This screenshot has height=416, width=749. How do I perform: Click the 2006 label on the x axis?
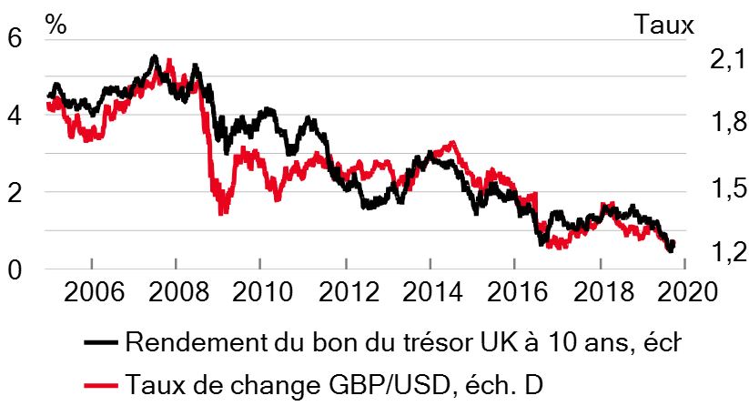(x=94, y=291)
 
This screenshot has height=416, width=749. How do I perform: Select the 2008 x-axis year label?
(x=178, y=291)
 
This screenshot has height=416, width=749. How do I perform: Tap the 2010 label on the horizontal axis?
(x=262, y=291)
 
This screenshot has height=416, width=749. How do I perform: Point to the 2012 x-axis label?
(x=349, y=291)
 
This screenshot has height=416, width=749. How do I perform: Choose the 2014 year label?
(x=433, y=291)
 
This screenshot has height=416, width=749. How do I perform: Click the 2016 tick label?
(x=517, y=291)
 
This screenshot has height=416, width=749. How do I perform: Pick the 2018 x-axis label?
(x=603, y=291)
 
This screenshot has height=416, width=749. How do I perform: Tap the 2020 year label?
(x=687, y=291)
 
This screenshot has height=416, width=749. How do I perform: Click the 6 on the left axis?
(x=15, y=37)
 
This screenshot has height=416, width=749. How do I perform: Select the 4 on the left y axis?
(x=15, y=116)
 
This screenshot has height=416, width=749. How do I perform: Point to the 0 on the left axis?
(x=15, y=269)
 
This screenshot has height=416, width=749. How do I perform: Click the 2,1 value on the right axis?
(x=728, y=60)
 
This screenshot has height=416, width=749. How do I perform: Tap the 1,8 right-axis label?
(x=728, y=122)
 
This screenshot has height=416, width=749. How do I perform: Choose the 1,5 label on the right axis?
(x=728, y=188)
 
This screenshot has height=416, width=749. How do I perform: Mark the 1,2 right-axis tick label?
(x=728, y=252)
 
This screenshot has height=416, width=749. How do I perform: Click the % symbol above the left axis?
(x=56, y=25)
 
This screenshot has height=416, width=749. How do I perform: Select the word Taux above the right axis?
(x=664, y=25)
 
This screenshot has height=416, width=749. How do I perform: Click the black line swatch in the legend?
(x=101, y=342)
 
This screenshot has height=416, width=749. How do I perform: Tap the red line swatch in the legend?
(x=101, y=385)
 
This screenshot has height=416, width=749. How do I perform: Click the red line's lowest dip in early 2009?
(x=221, y=212)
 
